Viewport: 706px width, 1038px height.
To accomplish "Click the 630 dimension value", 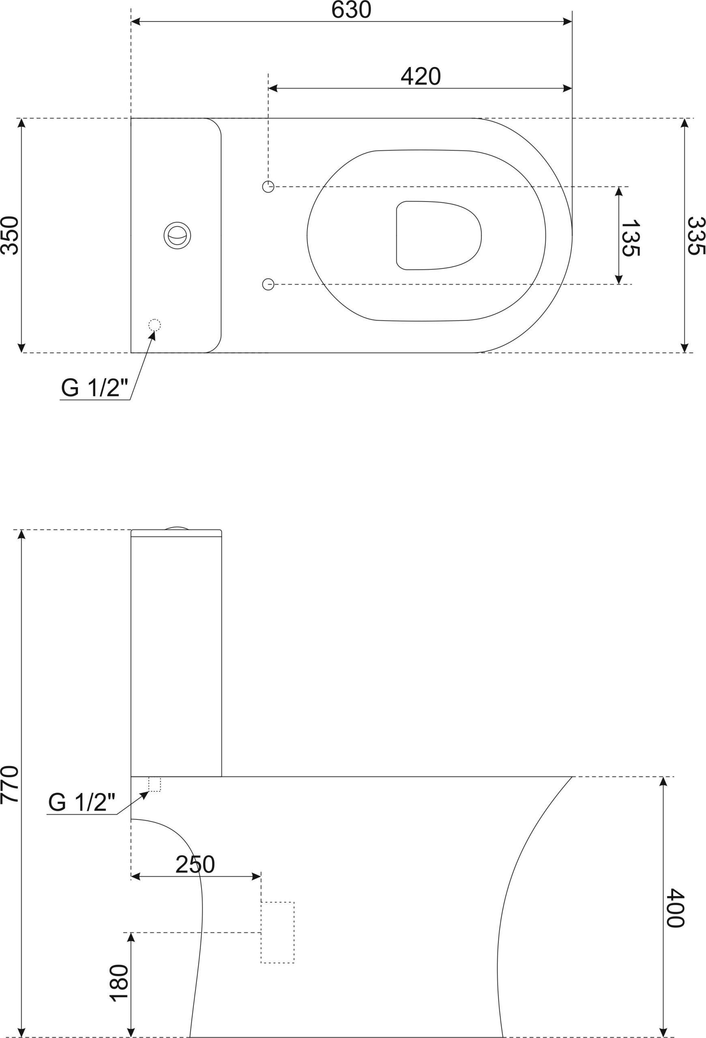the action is [352, 9].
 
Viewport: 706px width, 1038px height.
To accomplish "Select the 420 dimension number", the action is [421, 76].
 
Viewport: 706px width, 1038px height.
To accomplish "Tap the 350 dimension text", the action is [9, 236].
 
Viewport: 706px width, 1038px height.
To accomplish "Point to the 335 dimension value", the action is [696, 236].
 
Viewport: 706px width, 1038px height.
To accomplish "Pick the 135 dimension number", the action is [631, 238].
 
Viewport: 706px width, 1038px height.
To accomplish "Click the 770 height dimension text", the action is [9, 785].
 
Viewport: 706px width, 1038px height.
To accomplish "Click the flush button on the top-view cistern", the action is [177, 235].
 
